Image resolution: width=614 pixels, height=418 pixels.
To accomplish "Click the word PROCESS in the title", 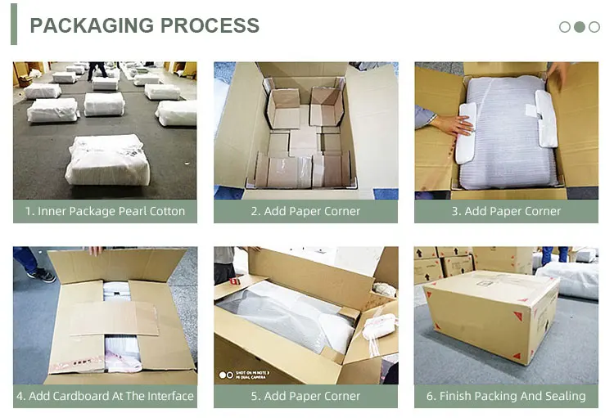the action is (x=210, y=25).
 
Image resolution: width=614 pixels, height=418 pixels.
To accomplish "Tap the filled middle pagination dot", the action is (x=580, y=27).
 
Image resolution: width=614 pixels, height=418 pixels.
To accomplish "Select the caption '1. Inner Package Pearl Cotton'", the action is (x=105, y=211).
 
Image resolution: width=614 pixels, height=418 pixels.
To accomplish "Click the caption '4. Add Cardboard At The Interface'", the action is (x=105, y=396).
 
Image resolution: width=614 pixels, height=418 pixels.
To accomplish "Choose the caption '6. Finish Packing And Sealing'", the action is (x=506, y=396).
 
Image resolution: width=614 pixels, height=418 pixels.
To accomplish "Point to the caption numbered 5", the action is (x=305, y=396).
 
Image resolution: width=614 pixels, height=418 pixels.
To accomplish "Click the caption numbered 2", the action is (x=305, y=211).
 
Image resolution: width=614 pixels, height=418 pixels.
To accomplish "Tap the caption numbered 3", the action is (x=506, y=211).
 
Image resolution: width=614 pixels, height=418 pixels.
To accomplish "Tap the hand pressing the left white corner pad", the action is (x=452, y=124).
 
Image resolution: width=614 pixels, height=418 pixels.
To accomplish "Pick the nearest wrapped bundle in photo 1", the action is (x=109, y=160).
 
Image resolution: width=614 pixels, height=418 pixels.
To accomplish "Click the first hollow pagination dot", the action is (x=565, y=27).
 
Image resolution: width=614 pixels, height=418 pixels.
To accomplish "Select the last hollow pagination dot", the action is (x=594, y=27).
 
